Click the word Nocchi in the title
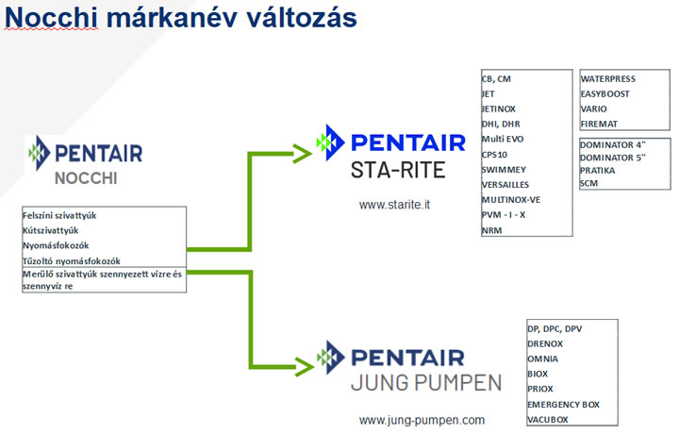51,18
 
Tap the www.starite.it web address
394,205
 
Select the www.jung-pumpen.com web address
422,420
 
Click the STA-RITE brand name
398,170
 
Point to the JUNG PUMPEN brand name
426,383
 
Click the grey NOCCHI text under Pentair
86,178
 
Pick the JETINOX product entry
499,109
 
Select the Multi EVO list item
503,139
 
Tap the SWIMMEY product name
504,170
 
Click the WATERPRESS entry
608,79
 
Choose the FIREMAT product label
599,124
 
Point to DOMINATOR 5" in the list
613,158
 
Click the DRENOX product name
545,344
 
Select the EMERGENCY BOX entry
563,405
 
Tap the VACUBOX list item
547,420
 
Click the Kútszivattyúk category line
51,230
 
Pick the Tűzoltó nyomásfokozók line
72,261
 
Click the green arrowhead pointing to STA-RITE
303,154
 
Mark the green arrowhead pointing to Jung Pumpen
305,367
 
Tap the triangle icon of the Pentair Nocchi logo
40,153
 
